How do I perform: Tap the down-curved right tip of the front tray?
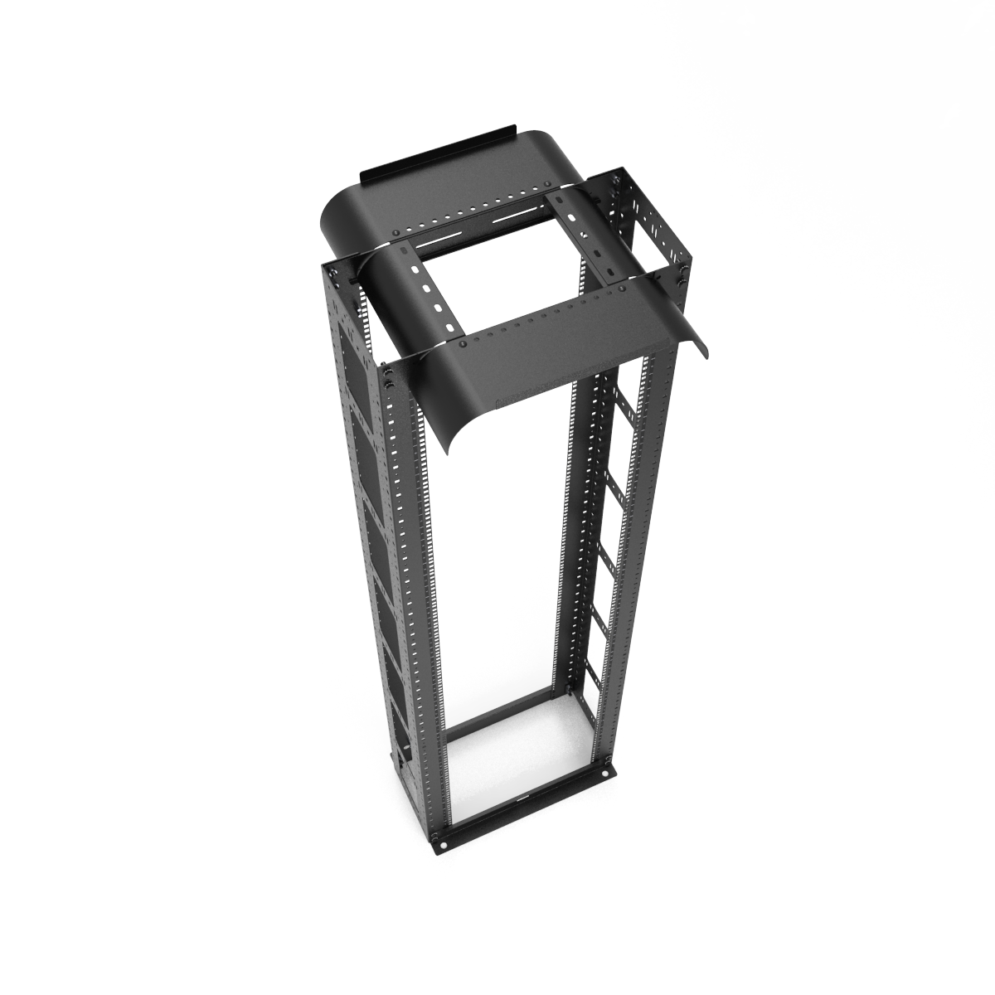[705, 347]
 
